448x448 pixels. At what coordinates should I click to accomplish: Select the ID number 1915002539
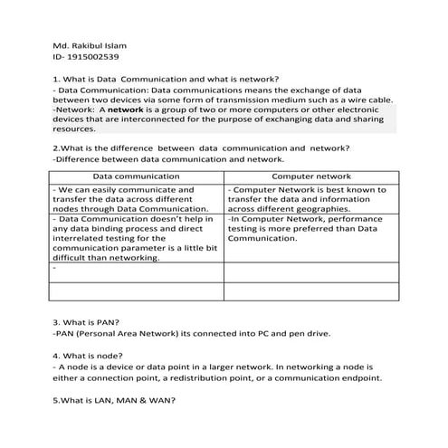tap(90, 57)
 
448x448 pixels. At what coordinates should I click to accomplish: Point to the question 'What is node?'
tap(89, 356)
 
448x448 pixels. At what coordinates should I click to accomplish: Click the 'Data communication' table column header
tap(137, 176)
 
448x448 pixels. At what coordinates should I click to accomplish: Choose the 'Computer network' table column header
tap(310, 176)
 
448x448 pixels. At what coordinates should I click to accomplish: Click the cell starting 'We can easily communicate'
tap(137, 199)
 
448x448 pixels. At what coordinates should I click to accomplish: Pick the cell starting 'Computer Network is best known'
tap(310, 199)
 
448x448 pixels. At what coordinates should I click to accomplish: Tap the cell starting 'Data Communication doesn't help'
tap(137, 238)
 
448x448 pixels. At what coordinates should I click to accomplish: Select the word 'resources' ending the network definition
tap(75, 129)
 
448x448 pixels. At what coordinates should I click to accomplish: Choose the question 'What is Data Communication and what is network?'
tap(167, 79)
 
